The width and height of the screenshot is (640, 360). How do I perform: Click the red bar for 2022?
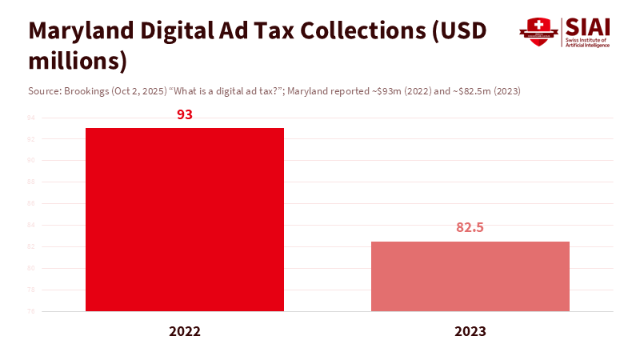point(185,219)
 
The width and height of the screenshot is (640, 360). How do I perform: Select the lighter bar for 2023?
point(470,276)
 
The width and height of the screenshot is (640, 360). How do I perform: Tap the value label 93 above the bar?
point(185,114)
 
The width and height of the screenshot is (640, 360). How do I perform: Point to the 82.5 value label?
point(470,227)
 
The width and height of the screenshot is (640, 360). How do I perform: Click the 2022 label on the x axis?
point(185,331)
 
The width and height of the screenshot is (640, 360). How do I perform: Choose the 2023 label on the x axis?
point(470,331)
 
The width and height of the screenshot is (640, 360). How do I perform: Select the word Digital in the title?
point(178,30)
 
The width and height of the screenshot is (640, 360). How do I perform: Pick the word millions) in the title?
point(78,61)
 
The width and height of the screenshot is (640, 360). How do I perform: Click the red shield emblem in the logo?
point(538,32)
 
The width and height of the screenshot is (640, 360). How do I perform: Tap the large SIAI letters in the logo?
point(587,26)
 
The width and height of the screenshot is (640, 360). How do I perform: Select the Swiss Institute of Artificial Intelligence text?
point(588,42)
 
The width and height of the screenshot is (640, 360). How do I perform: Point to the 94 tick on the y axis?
point(31,118)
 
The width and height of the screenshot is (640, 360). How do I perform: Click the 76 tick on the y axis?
point(31,311)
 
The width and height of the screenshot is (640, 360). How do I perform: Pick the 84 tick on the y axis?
point(31,225)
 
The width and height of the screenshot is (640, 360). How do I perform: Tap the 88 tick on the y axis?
point(31,182)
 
